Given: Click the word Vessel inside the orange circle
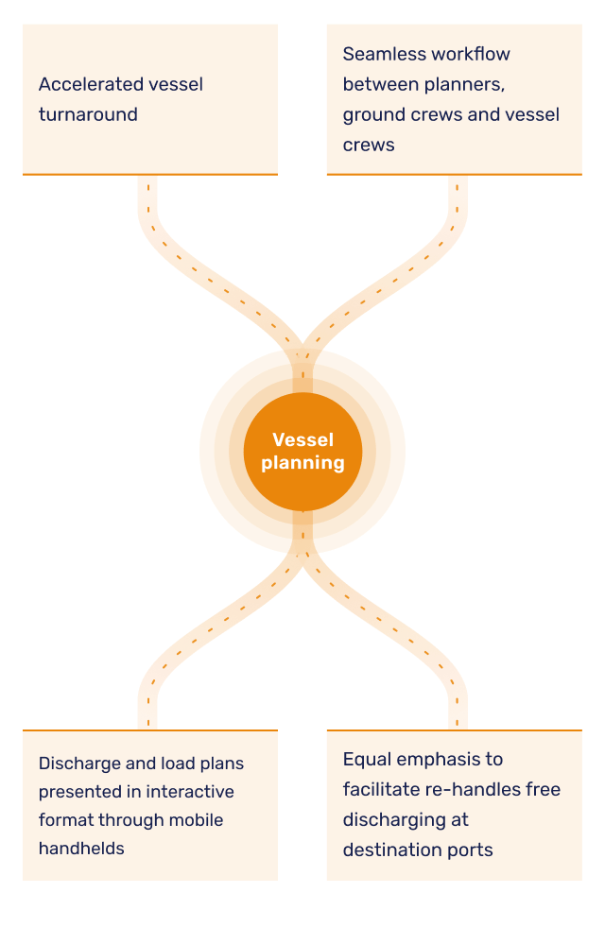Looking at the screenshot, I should tap(302, 439).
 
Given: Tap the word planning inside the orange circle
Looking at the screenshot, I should tap(302, 463).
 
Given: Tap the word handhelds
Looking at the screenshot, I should tap(81, 849).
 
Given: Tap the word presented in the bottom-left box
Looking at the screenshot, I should tap(78, 791).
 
